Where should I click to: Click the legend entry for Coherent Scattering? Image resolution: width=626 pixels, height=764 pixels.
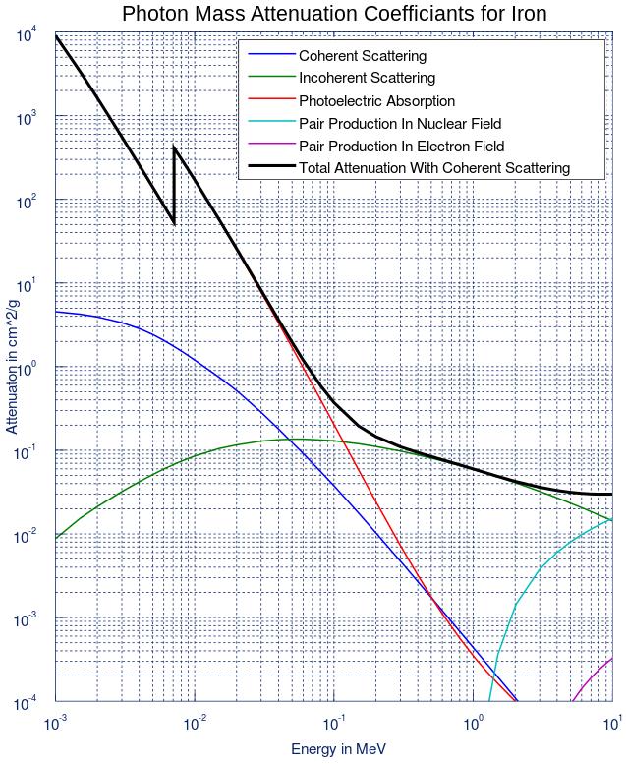pyautogui.click(x=362, y=56)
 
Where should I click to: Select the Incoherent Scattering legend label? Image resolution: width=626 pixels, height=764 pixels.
pyautogui.click(x=367, y=78)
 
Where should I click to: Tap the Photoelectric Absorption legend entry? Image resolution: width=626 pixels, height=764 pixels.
pyautogui.click(x=376, y=100)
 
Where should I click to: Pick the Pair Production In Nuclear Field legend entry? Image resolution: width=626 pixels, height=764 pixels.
pyautogui.click(x=400, y=123)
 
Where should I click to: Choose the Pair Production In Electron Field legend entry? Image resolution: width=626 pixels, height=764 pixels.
pyautogui.click(x=401, y=146)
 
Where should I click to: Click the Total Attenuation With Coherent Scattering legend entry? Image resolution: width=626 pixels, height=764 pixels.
pyautogui.click(x=433, y=167)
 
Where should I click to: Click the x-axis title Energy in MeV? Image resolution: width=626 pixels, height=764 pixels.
pyautogui.click(x=338, y=749)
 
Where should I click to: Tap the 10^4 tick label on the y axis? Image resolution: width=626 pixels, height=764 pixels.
pyautogui.click(x=27, y=35)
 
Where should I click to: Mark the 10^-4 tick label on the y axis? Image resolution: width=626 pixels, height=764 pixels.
pyautogui.click(x=26, y=704)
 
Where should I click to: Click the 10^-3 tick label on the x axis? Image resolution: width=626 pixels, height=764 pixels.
pyautogui.click(x=55, y=724)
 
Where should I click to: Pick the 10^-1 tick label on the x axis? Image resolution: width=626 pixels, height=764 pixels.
pyautogui.click(x=333, y=724)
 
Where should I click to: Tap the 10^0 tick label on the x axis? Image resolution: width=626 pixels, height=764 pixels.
pyautogui.click(x=474, y=724)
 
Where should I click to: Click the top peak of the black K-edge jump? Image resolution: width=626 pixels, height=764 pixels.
pyautogui.click(x=174, y=147)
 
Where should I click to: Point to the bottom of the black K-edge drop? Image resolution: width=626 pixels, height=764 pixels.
pyautogui.click(x=174, y=223)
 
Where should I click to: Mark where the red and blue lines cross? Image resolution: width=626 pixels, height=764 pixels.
pyautogui.click(x=429, y=593)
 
